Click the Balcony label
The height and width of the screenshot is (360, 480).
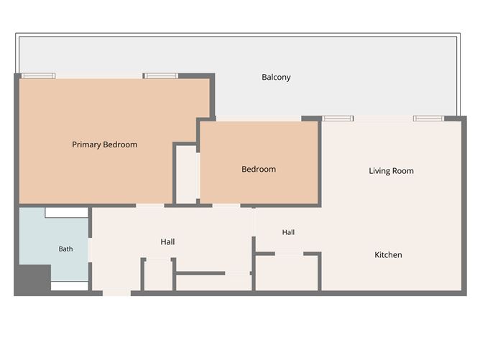click(276, 77)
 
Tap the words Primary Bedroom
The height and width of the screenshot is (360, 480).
click(104, 144)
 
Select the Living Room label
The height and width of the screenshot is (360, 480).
click(391, 171)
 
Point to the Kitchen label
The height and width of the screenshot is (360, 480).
click(388, 254)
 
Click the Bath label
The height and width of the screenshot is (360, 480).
click(66, 249)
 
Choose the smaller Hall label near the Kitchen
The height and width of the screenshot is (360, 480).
click(288, 232)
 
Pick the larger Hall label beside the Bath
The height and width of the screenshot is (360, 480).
click(167, 242)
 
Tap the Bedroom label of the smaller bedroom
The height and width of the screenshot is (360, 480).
click(259, 169)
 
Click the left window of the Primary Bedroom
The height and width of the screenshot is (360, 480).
click(38, 76)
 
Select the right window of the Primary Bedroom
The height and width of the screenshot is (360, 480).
click(161, 76)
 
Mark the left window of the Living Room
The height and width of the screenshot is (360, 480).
click(338, 119)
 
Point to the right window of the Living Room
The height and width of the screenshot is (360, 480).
click(428, 119)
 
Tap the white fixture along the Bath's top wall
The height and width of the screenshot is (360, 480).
click(67, 213)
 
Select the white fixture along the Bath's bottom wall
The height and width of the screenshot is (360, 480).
click(70, 286)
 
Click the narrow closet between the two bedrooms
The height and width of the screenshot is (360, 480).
click(186, 174)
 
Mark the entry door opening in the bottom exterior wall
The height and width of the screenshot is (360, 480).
click(116, 293)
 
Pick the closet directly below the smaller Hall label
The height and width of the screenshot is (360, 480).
click(287, 273)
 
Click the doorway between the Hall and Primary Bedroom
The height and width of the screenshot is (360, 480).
click(150, 206)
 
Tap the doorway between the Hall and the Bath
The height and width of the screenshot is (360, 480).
click(90, 250)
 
